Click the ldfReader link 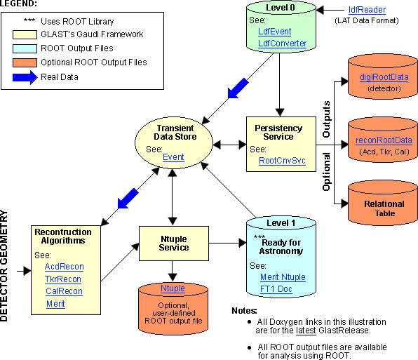pos(367,10)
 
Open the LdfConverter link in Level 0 pos(283,44)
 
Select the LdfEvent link pos(275,32)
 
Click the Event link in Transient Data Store pos(173,157)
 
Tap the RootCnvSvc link pos(282,161)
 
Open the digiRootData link pos(384,77)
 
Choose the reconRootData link pos(384,140)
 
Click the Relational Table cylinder pos(383,204)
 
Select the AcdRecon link pos(65,267)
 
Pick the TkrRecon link pos(63,279)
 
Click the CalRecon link pos(64,291)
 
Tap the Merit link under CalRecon pos(55,304)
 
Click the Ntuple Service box pos(174,244)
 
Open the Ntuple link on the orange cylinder pos(173,288)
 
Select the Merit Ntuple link pos(283,277)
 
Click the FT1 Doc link pos(276,289)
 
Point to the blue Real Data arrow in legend pos(25,77)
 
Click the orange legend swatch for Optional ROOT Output pos(25,62)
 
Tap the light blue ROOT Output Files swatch pos(25,48)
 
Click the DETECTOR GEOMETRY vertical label pos(4,266)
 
